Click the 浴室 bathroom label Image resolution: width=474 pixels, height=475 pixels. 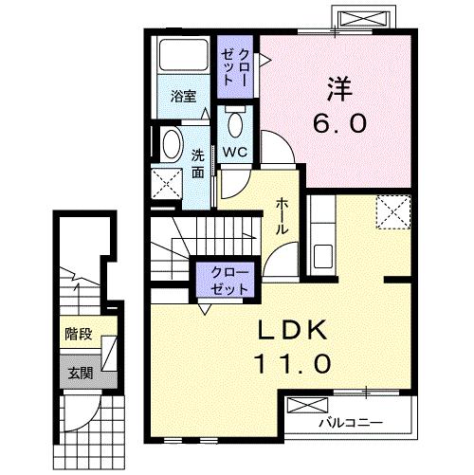coord(183,97)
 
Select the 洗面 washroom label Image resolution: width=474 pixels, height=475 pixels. coord(198,164)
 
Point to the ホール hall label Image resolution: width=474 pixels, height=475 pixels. coord(283,217)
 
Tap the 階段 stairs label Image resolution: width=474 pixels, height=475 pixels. coord(78,333)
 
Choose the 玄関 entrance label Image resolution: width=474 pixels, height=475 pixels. coord(78,372)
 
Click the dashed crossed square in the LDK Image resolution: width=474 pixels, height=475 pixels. coord(392,211)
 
